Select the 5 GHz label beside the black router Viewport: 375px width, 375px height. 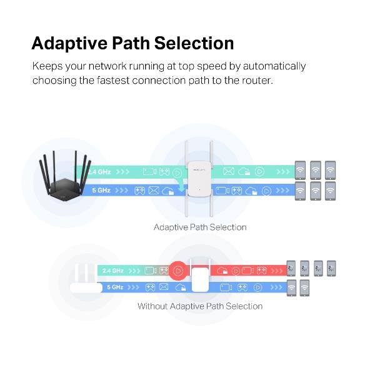click(x=101, y=189)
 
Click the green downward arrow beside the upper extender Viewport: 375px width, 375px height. click(x=181, y=184)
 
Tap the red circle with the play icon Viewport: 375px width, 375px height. click(x=177, y=271)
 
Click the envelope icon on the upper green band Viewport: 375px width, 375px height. click(x=229, y=171)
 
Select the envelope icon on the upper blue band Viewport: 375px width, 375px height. click(x=151, y=189)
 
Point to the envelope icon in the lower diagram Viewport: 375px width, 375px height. click(x=164, y=287)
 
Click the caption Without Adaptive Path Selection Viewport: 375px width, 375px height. click(x=200, y=306)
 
